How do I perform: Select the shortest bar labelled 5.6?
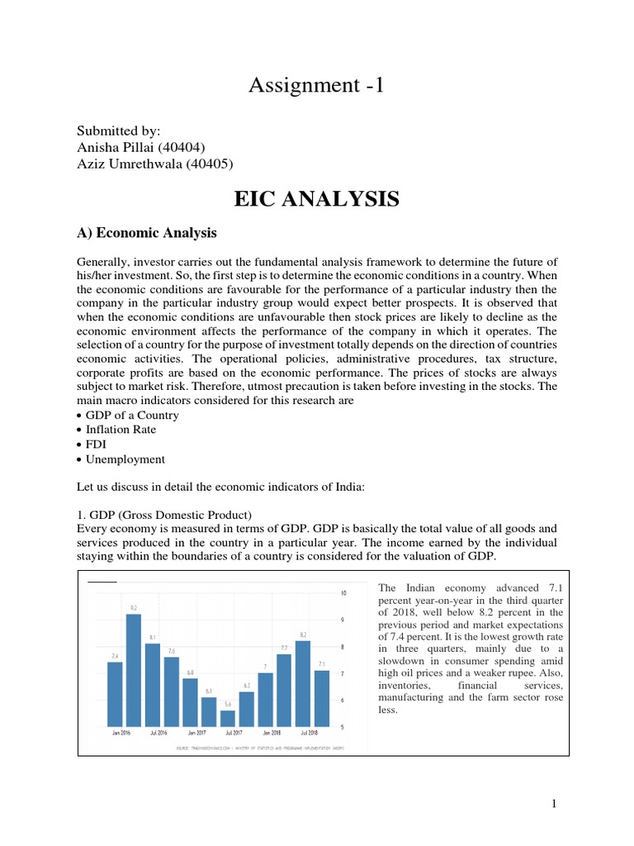[x=228, y=718]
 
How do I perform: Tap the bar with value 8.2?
[x=303, y=683]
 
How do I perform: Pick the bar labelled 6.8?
[x=191, y=702]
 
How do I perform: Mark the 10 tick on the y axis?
[x=343, y=592]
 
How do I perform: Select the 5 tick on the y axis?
[x=343, y=727]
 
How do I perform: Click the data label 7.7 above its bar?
[x=284, y=648]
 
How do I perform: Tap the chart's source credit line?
[x=259, y=749]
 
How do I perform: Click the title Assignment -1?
[x=316, y=86]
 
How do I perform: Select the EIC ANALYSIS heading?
[x=316, y=199]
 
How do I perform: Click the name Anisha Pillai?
[x=116, y=147]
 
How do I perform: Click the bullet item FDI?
[x=96, y=444]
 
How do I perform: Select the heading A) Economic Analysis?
[x=146, y=233]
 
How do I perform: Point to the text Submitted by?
[x=118, y=131]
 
